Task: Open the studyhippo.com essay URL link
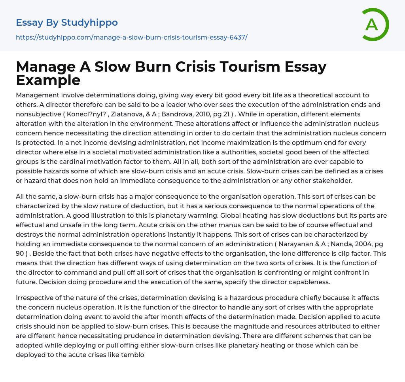coord(131,37)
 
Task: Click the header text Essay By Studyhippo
coord(67,23)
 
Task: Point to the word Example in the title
coord(48,80)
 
